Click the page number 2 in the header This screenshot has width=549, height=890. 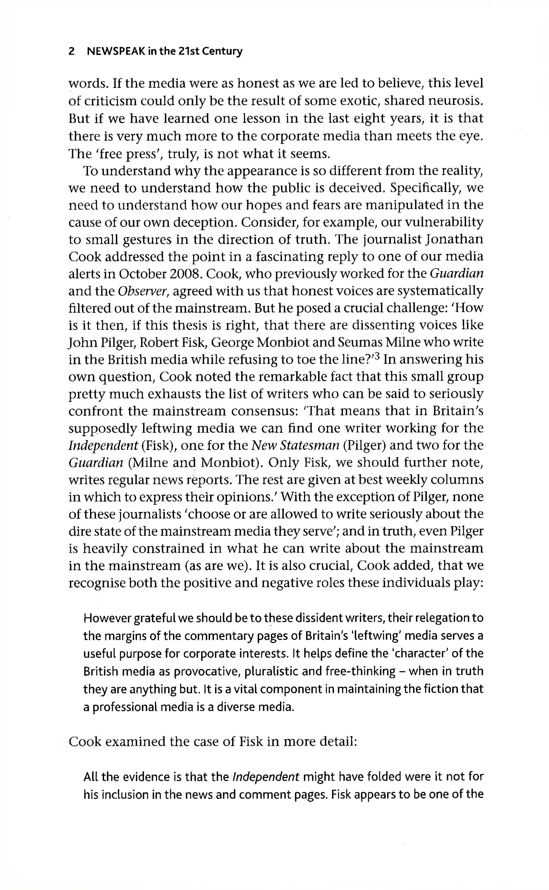[72, 52]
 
